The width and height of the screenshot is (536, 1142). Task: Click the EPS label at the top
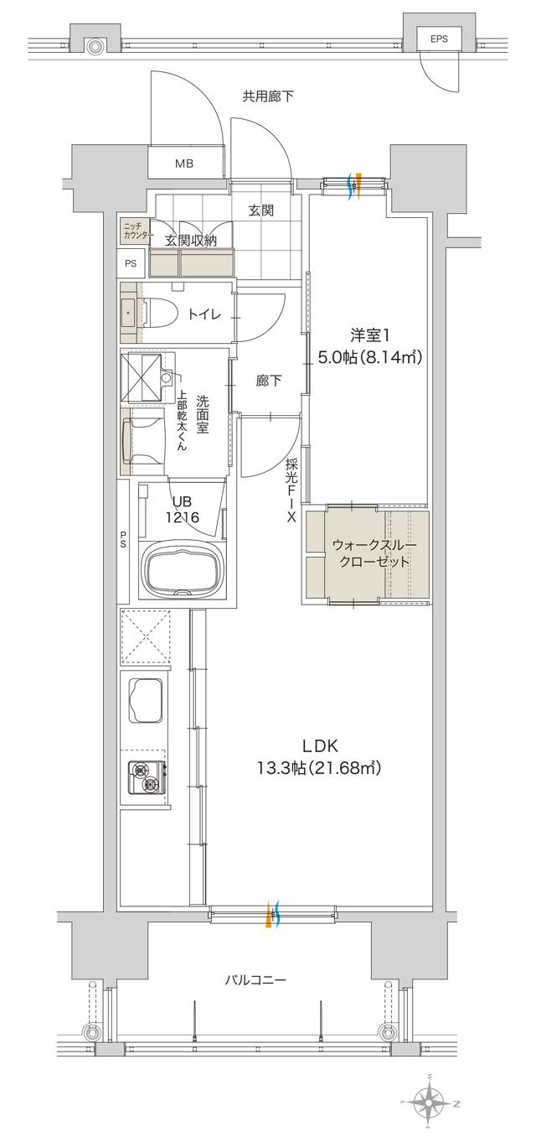[438, 39]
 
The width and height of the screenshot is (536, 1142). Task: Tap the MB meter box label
[184, 163]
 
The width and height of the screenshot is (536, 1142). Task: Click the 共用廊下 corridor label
[268, 96]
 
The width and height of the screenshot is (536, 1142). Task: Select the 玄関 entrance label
[260, 211]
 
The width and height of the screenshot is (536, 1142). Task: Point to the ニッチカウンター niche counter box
[134, 232]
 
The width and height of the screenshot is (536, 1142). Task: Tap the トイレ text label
[204, 314]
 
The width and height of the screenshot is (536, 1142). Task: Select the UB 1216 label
[182, 510]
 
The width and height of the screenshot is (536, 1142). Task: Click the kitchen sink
[144, 700]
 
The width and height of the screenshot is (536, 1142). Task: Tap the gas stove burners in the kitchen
[144, 776]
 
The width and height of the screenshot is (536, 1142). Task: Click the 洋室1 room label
[368, 346]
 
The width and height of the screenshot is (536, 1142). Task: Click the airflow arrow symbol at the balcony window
[273, 915]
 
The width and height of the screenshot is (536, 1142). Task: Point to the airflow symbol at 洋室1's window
[354, 184]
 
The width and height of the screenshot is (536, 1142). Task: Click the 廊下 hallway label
[268, 381]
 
